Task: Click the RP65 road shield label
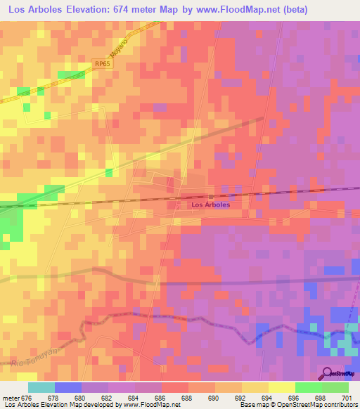[x=103, y=63]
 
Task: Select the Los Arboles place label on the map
[x=211, y=204]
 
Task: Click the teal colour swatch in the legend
[x=41, y=387]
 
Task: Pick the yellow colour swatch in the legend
[x=281, y=387]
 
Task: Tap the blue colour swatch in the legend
[x=67, y=387]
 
